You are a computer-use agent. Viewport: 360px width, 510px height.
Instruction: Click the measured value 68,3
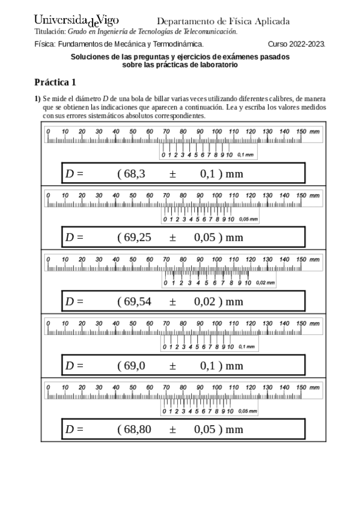[x=132, y=174]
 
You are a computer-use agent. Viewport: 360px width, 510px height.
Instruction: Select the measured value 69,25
[x=137, y=237]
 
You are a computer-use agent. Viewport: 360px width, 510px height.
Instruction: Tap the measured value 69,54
[x=137, y=301]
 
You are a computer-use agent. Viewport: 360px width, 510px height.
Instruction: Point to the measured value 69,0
[x=132, y=365]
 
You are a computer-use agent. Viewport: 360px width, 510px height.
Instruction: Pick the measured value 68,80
[x=137, y=429]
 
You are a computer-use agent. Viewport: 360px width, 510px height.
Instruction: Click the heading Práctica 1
[x=55, y=82]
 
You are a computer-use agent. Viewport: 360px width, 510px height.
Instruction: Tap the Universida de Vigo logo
[x=76, y=21]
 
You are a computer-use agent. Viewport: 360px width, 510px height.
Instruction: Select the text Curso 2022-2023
[x=296, y=44]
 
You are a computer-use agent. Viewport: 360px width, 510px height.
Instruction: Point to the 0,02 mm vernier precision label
[x=265, y=283]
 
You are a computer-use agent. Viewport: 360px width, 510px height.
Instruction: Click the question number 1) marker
[x=37, y=98]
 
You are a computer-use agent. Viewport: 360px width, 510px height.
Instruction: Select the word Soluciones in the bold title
[x=90, y=57]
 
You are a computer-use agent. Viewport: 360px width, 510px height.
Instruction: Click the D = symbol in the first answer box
[x=74, y=174]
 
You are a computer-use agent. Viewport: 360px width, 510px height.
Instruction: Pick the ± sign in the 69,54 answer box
[x=172, y=301]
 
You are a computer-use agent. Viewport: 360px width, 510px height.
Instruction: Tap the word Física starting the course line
[x=44, y=44]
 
